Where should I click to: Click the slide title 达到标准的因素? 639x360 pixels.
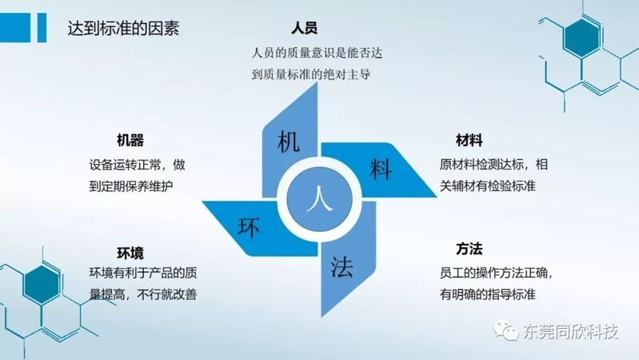click(123, 28)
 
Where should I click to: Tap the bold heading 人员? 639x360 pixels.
click(305, 28)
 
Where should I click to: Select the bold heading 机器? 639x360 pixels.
click(130, 140)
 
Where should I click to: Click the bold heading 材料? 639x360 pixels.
click(469, 140)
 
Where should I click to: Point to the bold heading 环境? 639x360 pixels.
click(130, 253)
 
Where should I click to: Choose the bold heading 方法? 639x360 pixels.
click(469, 249)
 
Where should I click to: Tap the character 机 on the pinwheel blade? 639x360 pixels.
click(289, 142)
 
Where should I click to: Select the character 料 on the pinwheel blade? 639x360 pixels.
click(381, 169)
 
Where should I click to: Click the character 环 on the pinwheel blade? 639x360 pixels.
click(249, 227)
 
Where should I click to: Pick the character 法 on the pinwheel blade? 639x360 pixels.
click(341, 267)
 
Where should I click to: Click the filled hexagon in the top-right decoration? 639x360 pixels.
click(581, 38)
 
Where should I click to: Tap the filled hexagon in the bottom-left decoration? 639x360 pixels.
click(42, 285)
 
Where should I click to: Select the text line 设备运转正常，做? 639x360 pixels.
click(138, 165)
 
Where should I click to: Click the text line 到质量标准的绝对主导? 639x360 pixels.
click(311, 74)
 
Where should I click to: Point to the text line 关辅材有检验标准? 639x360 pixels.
click(487, 186)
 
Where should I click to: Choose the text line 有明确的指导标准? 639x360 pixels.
click(487, 294)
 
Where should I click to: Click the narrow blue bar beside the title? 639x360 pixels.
click(42, 27)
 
